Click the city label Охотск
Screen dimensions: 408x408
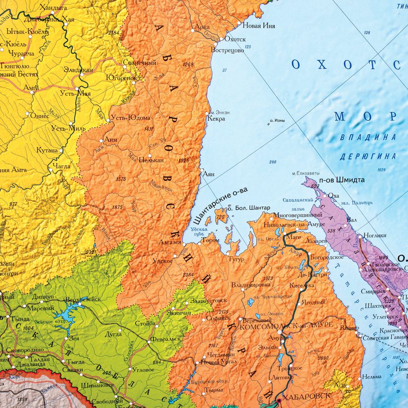click(x=235, y=40)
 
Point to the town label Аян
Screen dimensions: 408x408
click(x=208, y=174)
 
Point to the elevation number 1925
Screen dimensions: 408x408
click(x=184, y=161)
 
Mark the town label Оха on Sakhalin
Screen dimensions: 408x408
click(x=333, y=195)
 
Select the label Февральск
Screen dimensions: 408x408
click(x=165, y=339)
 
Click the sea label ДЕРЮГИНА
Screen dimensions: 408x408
click(x=368, y=156)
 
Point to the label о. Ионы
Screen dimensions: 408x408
click(x=277, y=121)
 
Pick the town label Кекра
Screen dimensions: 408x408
click(x=216, y=120)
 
